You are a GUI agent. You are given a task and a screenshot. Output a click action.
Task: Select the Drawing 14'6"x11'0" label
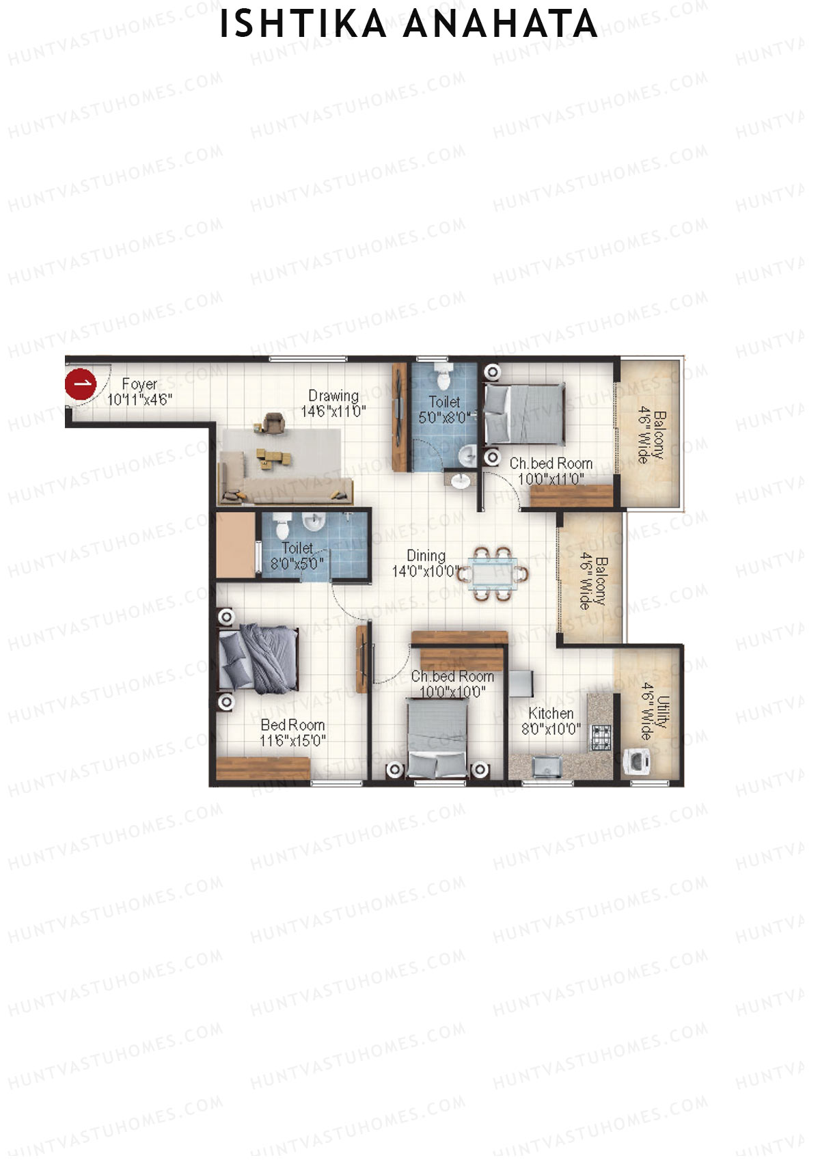pyautogui.click(x=333, y=403)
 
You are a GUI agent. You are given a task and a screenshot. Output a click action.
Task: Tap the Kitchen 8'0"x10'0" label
pyautogui.click(x=551, y=721)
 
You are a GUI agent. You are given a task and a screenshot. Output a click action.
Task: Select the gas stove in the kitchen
pyautogui.click(x=601, y=737)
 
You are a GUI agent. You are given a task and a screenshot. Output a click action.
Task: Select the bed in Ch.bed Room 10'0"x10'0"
pyautogui.click(x=437, y=737)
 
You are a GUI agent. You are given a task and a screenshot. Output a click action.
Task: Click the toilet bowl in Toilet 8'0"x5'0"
pyautogui.click(x=282, y=526)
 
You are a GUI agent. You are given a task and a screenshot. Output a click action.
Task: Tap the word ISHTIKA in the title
pyautogui.click(x=303, y=25)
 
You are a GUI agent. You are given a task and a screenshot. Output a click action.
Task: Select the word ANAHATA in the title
pyautogui.click(x=500, y=25)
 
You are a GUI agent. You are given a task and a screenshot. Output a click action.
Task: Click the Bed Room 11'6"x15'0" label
pyautogui.click(x=292, y=733)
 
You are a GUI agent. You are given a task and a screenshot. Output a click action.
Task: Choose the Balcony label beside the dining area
pyautogui.click(x=592, y=582)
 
